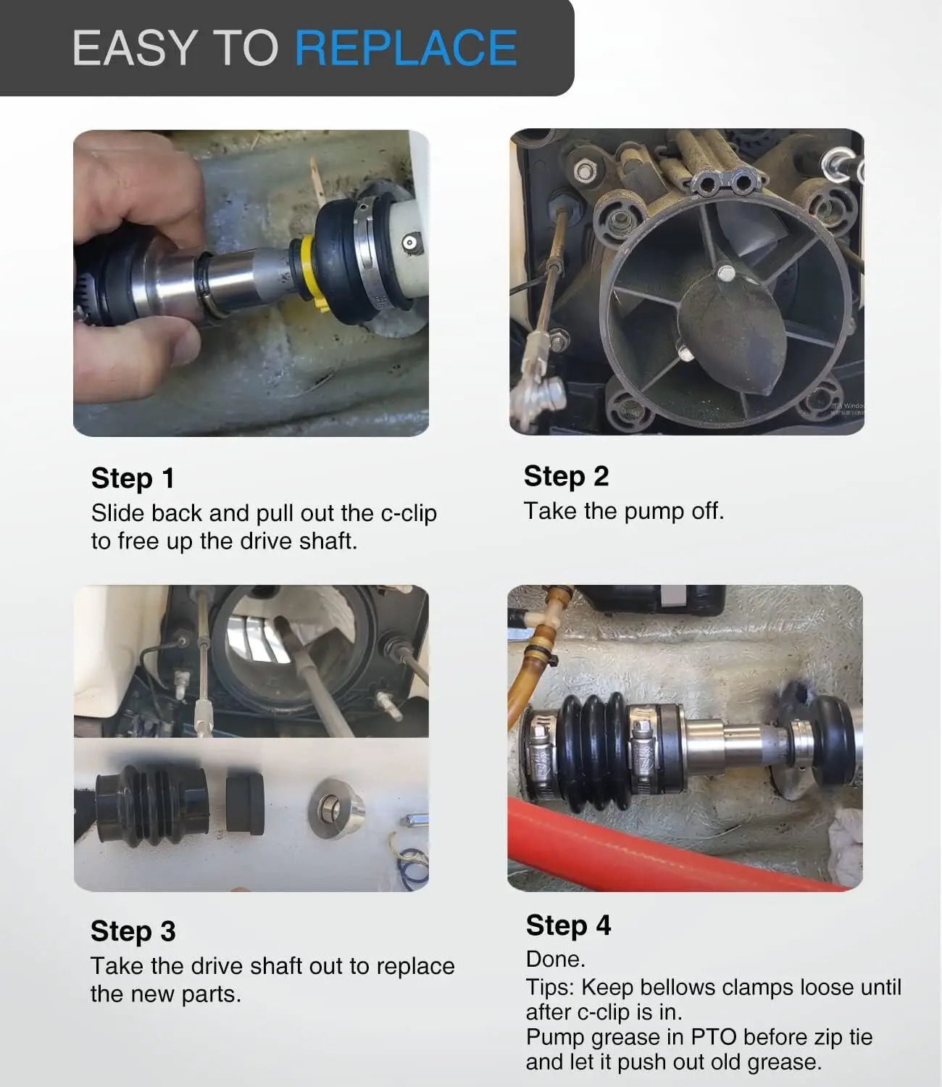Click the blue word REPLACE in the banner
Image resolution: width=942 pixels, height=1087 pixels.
[x=406, y=48]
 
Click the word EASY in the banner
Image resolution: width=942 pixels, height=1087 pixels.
[x=134, y=48]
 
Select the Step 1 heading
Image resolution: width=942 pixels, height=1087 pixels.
[x=133, y=478]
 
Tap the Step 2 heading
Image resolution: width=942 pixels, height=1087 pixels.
[x=567, y=476]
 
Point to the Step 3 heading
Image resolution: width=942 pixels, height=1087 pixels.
[x=133, y=930]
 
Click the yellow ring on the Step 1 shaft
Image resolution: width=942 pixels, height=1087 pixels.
[x=310, y=272]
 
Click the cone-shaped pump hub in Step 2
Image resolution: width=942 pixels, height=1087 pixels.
[x=732, y=326]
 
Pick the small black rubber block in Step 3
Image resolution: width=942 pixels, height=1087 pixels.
[x=245, y=804]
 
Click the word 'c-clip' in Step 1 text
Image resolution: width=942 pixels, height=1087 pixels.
[x=409, y=513]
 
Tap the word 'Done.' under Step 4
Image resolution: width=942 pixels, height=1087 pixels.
[x=555, y=959]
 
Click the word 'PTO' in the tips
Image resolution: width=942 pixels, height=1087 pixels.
[x=713, y=1037]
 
